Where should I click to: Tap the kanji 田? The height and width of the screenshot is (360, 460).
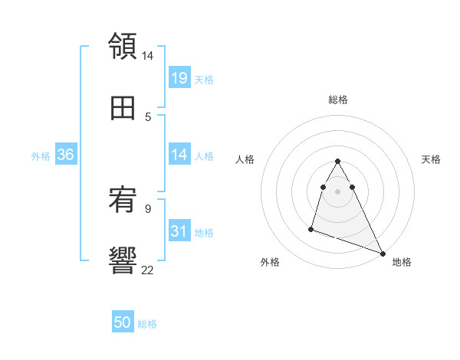tap(123, 109)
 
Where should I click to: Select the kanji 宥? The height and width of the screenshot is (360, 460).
tap(123, 201)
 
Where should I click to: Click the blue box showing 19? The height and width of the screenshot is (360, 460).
tap(179, 78)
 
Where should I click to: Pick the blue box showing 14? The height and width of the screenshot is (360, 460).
tap(179, 155)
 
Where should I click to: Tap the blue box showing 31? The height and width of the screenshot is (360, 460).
tap(179, 231)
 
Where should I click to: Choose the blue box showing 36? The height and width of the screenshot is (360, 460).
tap(66, 155)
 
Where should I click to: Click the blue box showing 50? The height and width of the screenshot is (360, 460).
tap(123, 323)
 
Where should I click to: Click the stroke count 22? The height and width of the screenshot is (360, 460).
tap(148, 269)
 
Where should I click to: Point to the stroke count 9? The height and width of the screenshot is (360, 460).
tap(148, 208)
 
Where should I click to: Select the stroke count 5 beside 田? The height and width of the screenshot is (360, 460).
tap(148, 116)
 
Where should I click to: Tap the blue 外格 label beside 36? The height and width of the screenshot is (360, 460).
tap(41, 156)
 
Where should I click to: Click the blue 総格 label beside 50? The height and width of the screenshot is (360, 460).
tap(147, 324)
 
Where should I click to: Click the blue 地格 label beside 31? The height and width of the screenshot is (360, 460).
tap(204, 232)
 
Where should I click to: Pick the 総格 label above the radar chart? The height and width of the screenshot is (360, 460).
tap(337, 100)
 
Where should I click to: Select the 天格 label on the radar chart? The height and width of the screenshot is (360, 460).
tap(431, 159)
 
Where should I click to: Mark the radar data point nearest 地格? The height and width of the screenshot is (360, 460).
tap(383, 252)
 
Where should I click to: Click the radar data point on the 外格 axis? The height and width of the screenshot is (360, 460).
tap(311, 228)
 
